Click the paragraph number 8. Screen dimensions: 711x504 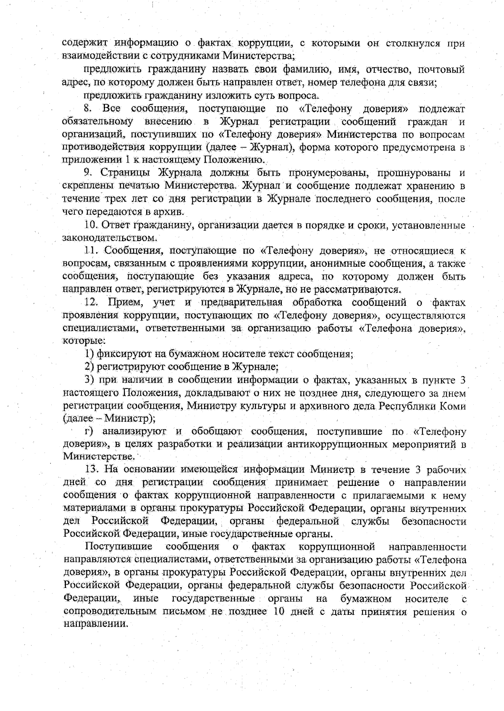pyautogui.click(x=87, y=109)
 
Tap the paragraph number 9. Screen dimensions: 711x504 pyautogui.click(x=87, y=173)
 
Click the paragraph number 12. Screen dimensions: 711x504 pyautogui.click(x=91, y=302)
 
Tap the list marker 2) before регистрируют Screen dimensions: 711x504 pyautogui.click(x=89, y=367)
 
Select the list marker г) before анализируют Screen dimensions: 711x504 pyautogui.click(x=89, y=432)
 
